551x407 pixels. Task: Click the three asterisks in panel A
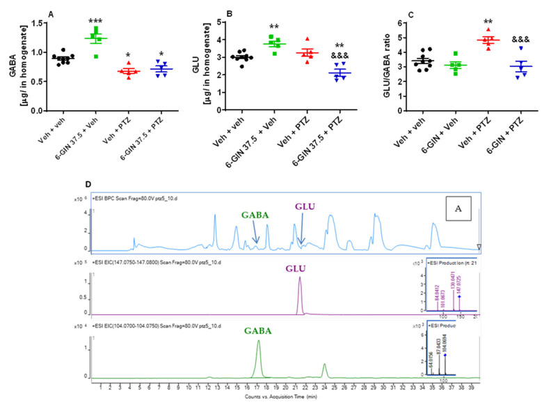(95, 23)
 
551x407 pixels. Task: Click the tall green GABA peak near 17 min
(259, 341)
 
